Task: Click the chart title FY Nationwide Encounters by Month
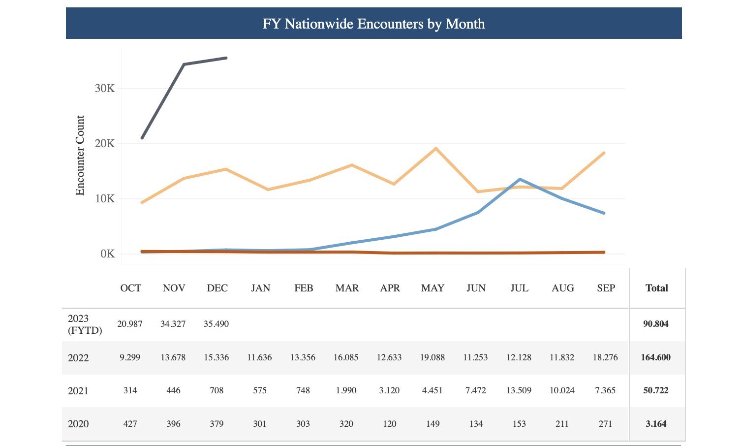tap(373, 24)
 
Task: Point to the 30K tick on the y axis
tap(105, 89)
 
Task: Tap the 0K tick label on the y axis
tap(107, 254)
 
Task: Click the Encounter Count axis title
tap(80, 156)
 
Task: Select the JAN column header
tap(260, 288)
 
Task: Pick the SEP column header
tap(606, 288)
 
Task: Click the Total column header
tap(656, 288)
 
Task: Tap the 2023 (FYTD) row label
tap(85, 324)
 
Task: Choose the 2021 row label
tap(78, 391)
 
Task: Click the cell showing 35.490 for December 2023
tap(216, 324)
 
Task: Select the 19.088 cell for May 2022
tap(432, 358)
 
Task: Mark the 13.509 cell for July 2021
tap(519, 391)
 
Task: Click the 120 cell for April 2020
tap(389, 424)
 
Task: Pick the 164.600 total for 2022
tap(655, 358)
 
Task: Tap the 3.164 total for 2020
tap(655, 424)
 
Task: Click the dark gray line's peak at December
tap(226, 58)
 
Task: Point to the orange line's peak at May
tap(435, 148)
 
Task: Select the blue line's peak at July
tap(520, 179)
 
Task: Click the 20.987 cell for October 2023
tap(130, 324)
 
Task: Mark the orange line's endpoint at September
tap(604, 153)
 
